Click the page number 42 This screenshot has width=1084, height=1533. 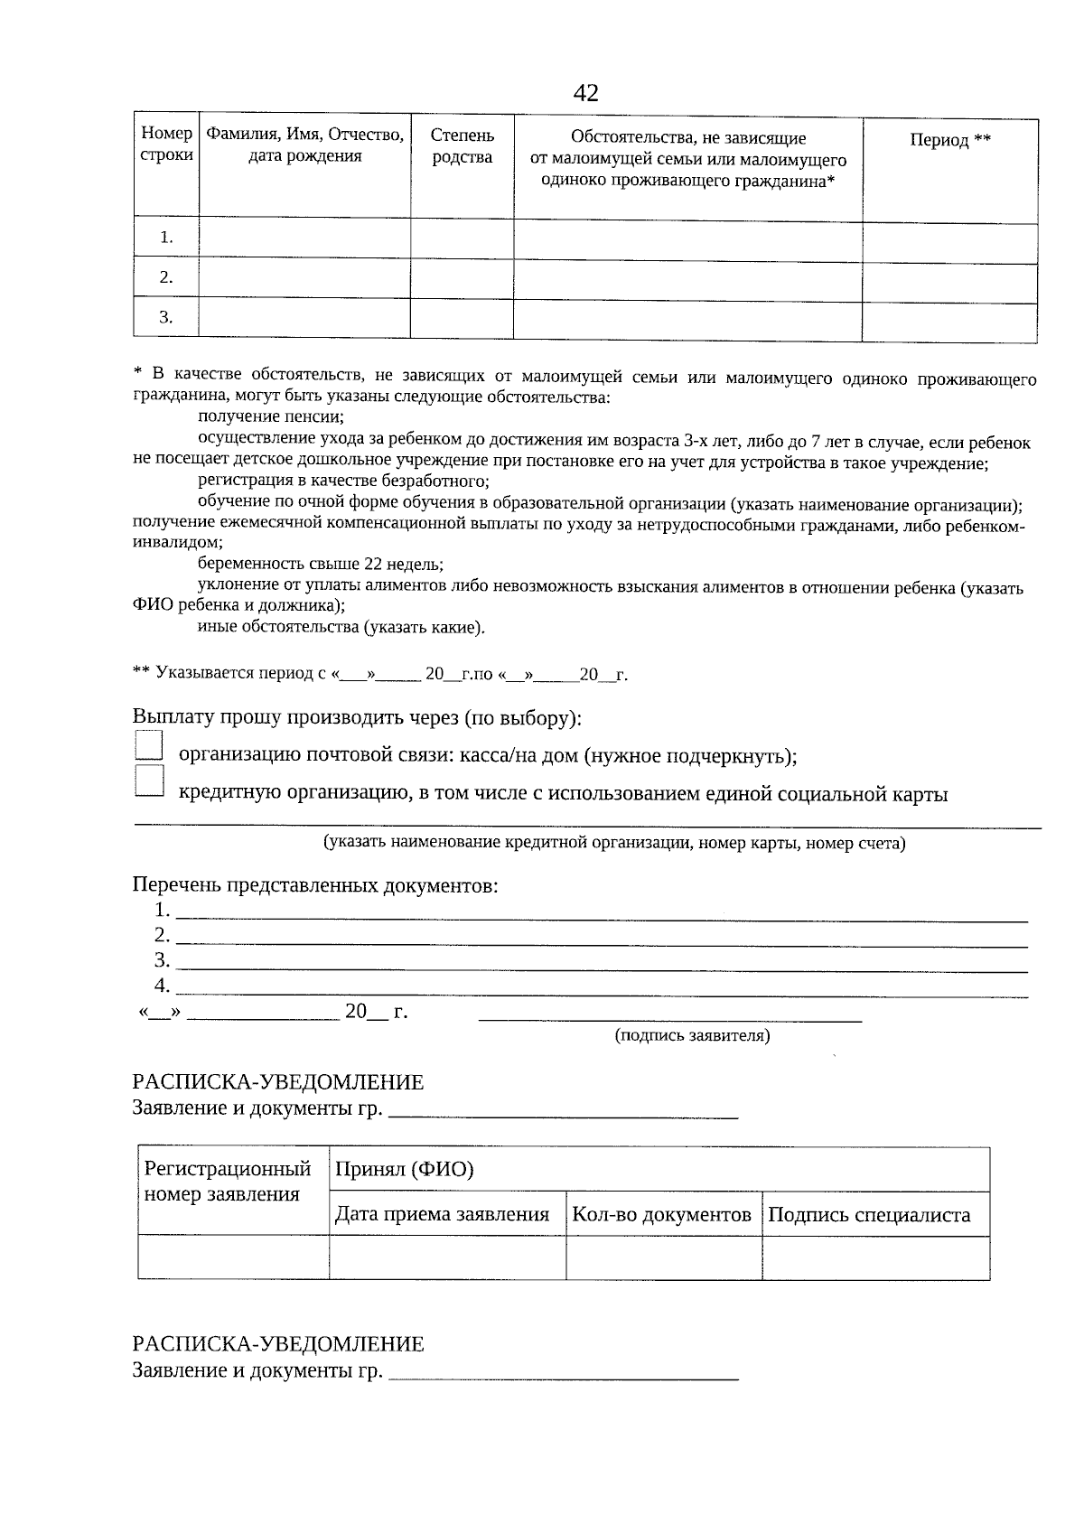coord(585,93)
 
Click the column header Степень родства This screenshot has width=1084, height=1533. coord(462,146)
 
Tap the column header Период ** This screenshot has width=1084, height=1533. coord(949,140)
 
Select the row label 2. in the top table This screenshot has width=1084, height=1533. coord(166,277)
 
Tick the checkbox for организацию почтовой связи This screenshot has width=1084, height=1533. coord(148,745)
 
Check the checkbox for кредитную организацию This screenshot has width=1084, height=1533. coord(148,781)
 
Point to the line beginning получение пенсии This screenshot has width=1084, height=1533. coord(271,417)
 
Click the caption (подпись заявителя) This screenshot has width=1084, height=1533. coord(692,1035)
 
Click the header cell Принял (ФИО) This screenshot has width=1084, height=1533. coord(405,1170)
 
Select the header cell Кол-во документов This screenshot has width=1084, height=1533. coord(662,1214)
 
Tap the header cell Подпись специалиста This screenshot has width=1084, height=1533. coord(869,1214)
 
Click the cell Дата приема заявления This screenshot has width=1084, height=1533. coord(443,1214)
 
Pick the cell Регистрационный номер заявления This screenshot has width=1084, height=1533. coord(228,1182)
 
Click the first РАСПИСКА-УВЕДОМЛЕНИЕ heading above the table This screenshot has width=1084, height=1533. coord(278,1082)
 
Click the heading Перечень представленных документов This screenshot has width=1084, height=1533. coord(315,885)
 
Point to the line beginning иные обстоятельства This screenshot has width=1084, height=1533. coord(341,628)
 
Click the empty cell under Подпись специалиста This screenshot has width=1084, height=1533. coord(874,1257)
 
